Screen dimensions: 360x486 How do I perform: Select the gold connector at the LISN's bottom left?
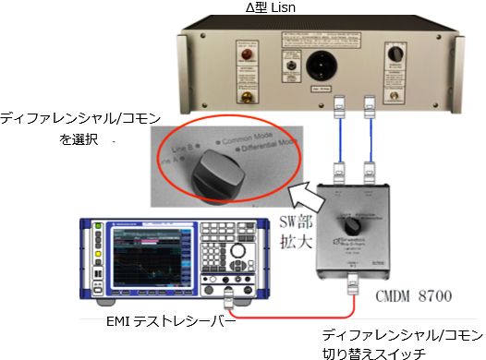tap(247, 94)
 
